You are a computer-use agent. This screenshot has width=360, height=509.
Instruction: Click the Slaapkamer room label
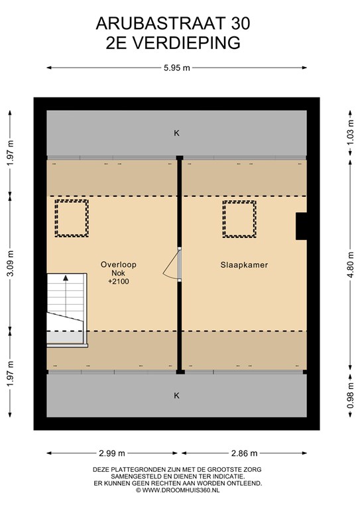pyautogui.click(x=244, y=265)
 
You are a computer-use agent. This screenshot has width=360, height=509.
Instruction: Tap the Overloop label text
pyautogui.click(x=119, y=264)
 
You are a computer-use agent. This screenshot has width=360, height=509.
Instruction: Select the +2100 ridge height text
pyautogui.click(x=119, y=282)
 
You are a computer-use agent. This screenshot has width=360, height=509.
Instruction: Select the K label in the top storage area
pyautogui.click(x=177, y=133)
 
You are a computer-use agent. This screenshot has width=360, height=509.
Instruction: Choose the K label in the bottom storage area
pyautogui.click(x=177, y=396)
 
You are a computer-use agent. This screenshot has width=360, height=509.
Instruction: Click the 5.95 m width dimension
pyautogui.click(x=177, y=68)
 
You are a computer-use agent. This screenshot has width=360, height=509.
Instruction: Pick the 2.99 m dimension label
pyautogui.click(x=111, y=453)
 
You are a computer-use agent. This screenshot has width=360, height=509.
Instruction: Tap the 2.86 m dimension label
pyautogui.click(x=244, y=453)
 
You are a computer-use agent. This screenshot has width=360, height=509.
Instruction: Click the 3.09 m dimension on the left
pyautogui.click(x=10, y=262)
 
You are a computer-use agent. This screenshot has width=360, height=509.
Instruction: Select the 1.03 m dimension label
pyautogui.click(x=350, y=134)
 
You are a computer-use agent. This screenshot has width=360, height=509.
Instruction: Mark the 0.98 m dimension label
pyautogui.click(x=350, y=396)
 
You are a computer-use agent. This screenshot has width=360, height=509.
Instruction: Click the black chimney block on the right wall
pyautogui.click(x=301, y=226)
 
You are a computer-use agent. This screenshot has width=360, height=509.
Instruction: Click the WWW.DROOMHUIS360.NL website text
pyautogui.click(x=180, y=490)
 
